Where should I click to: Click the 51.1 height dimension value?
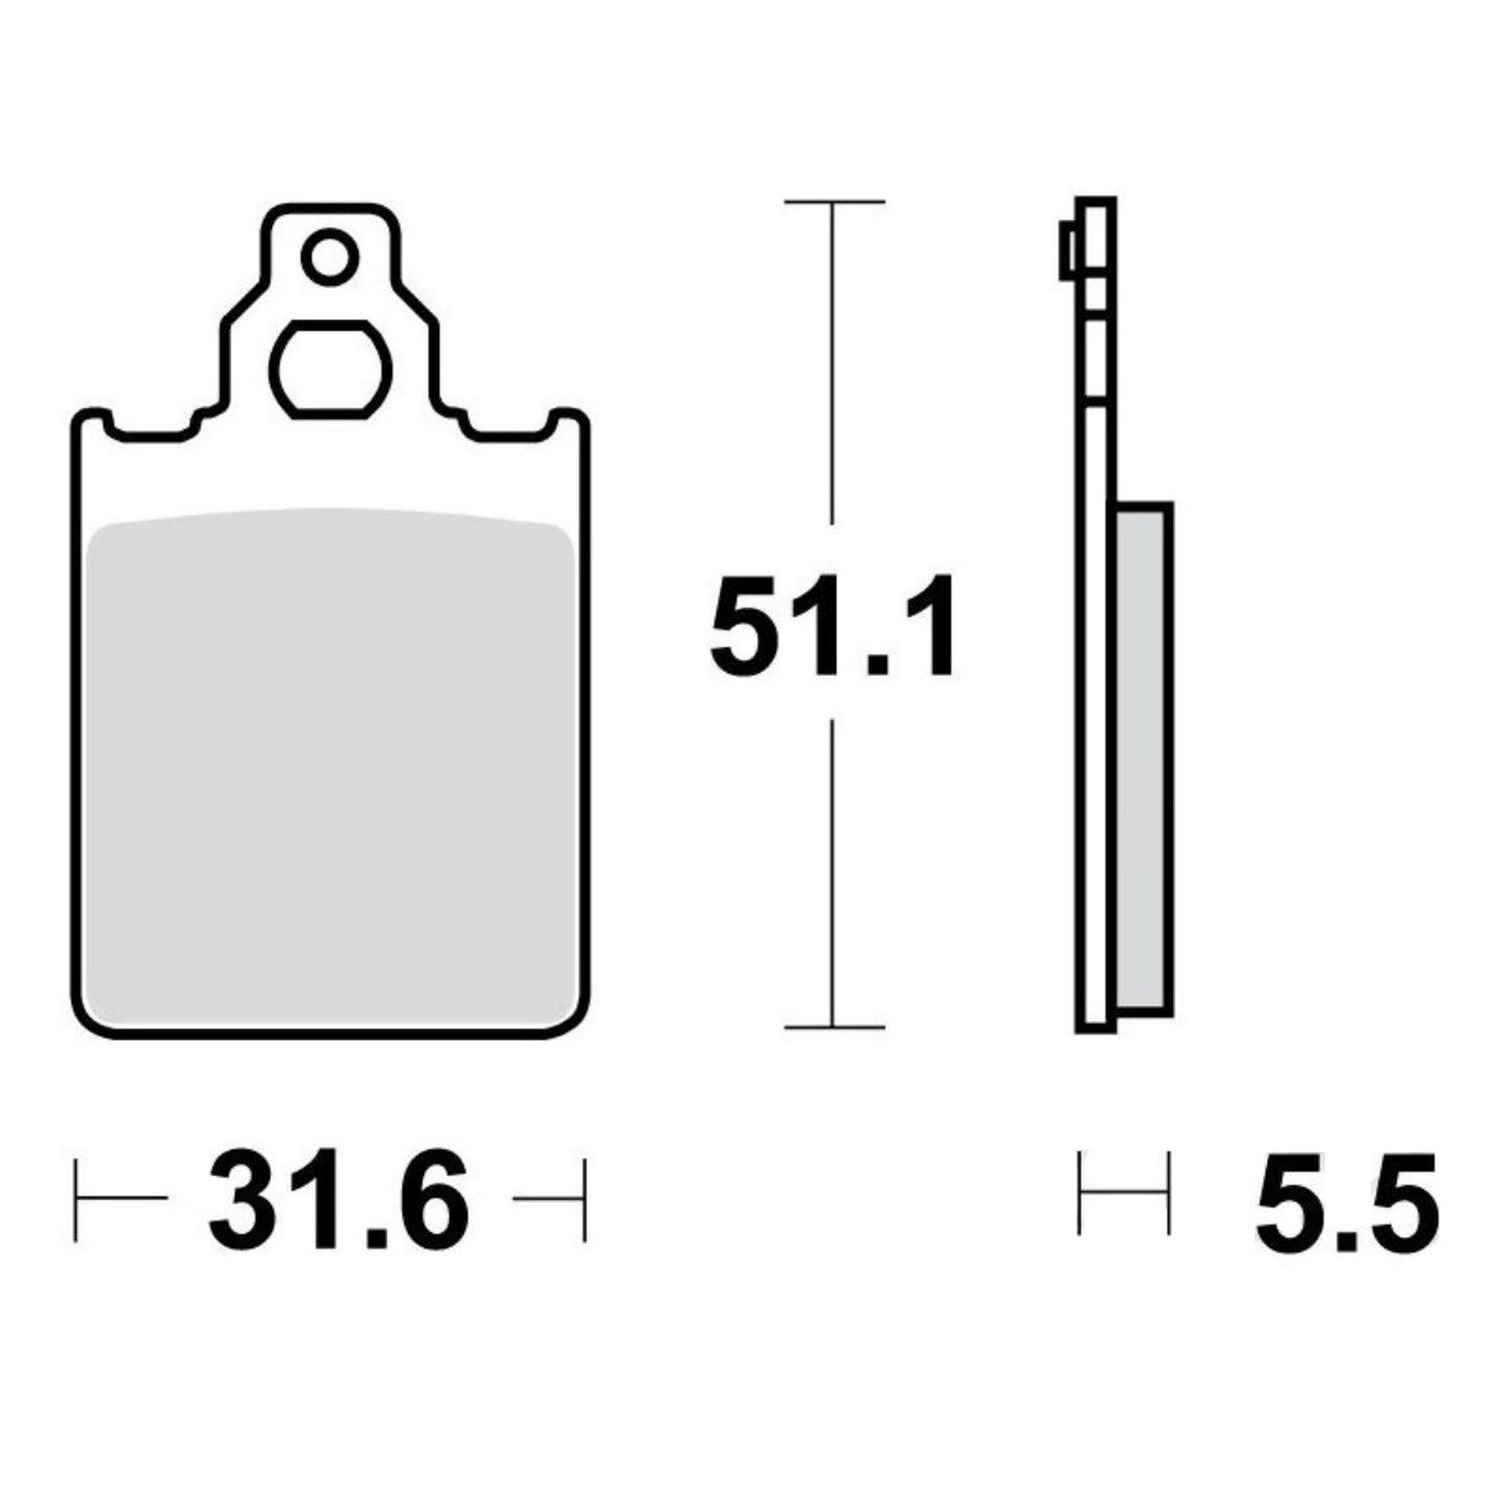coord(832,626)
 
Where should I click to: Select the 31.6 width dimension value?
coord(340,1198)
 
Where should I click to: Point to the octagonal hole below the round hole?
coord(330,369)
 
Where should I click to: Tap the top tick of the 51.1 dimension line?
coord(833,201)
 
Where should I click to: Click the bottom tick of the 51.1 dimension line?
coord(833,1027)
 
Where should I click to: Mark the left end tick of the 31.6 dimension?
coord(76,1198)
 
